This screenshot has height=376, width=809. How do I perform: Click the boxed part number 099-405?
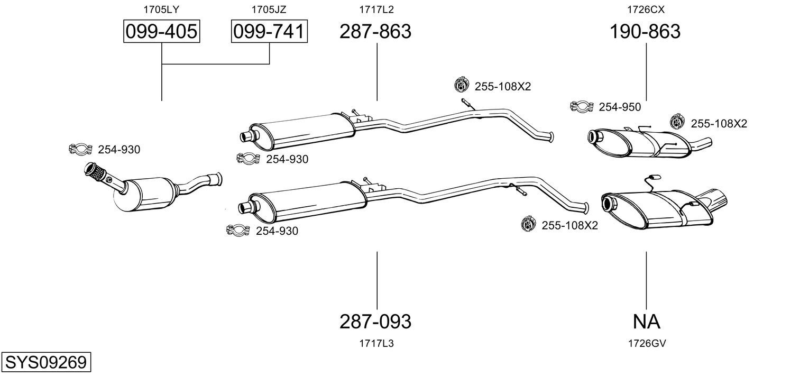pos(161,31)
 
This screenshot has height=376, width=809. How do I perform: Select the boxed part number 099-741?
pos(269,31)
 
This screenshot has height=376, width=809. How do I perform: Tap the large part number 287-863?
pos(375,31)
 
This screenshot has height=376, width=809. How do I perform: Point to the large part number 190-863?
pos(645,31)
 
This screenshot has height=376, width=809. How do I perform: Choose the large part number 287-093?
pos(375,321)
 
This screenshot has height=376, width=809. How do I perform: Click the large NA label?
pos(647,321)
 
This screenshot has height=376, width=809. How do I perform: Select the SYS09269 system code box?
pos(46,362)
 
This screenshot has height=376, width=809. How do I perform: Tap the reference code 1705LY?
pos(161,10)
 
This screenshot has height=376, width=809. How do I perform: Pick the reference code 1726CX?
pos(646,10)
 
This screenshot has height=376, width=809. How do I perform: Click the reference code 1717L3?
pos(376,343)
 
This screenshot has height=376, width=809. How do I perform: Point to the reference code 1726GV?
pos(647,343)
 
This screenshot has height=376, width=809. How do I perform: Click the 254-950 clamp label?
pos(620,107)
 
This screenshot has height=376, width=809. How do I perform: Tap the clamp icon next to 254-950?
pos(582,106)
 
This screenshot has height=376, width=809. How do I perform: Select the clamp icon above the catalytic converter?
pos(80,149)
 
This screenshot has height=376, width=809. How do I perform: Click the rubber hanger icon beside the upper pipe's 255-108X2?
pos(461,86)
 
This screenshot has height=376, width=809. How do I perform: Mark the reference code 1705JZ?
pos(269,10)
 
